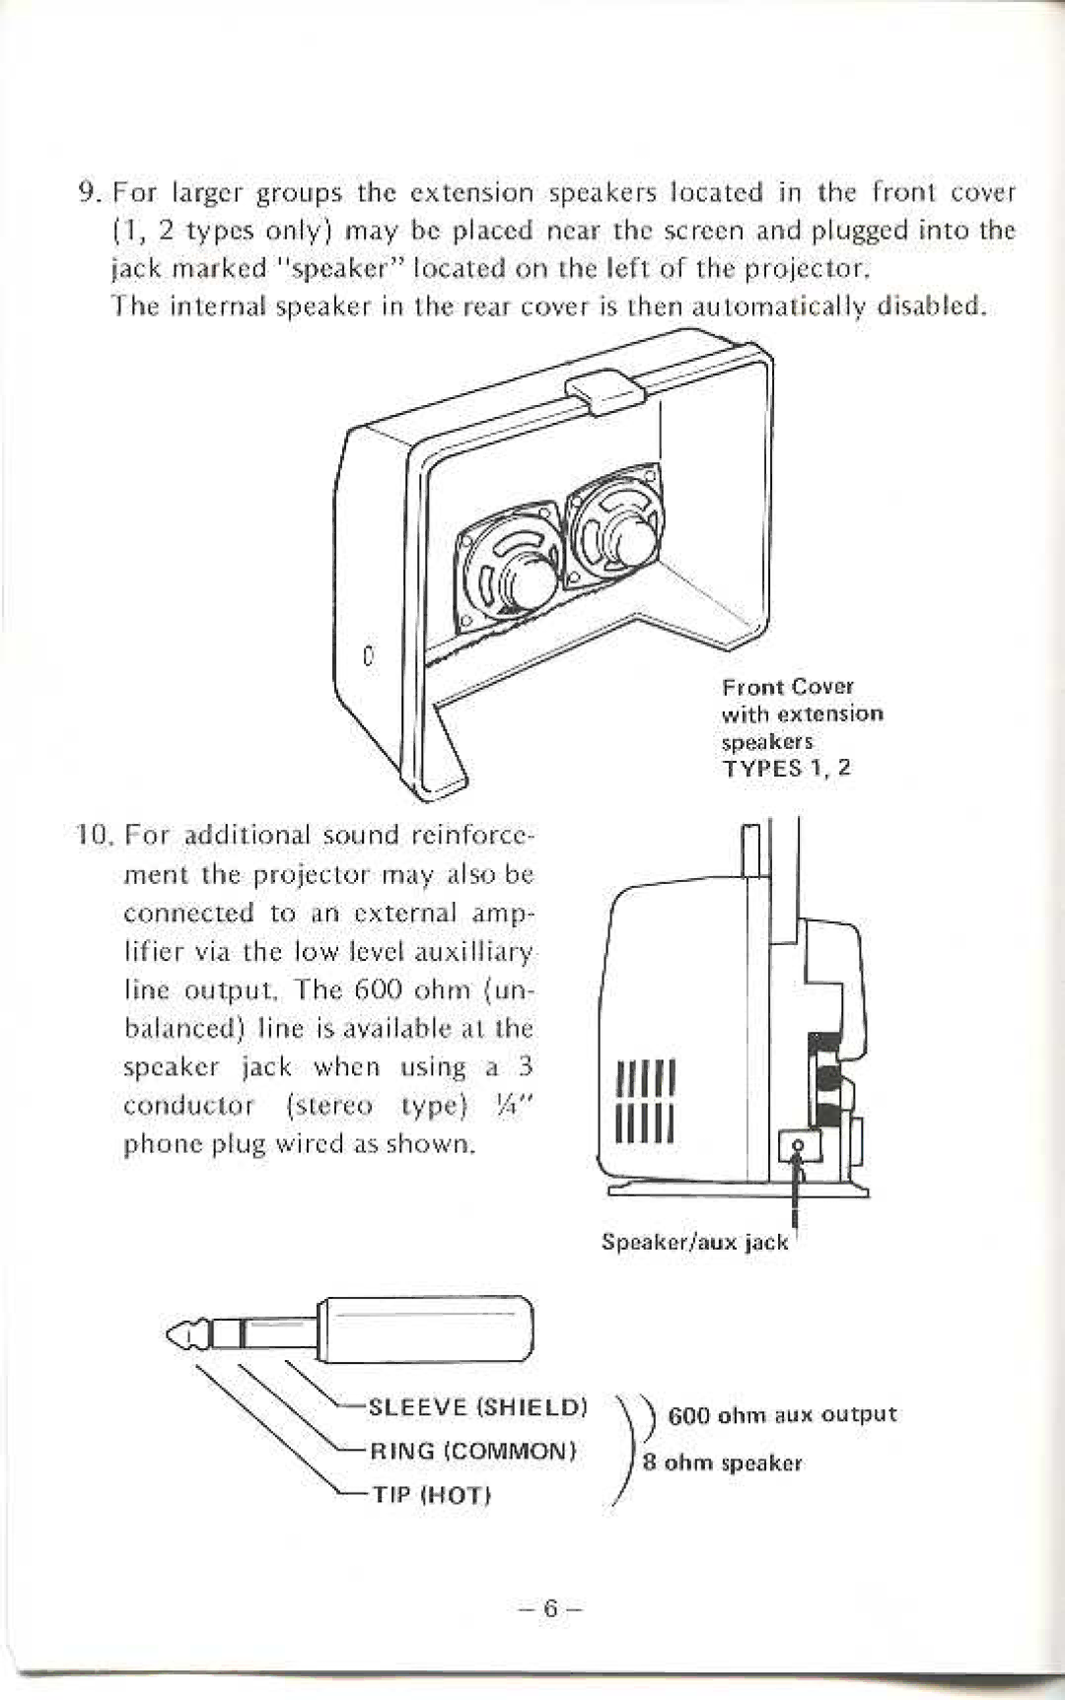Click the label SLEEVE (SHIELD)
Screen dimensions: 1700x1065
pos(477,1406)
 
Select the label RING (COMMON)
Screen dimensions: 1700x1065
pos(472,1451)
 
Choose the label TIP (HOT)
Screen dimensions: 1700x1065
pos(430,1495)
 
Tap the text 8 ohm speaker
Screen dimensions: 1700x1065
pos(723,1462)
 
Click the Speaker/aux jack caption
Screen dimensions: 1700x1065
pos(695,1243)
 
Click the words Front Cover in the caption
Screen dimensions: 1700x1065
pos(787,687)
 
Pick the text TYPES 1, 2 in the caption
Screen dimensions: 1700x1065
pos(786,769)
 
